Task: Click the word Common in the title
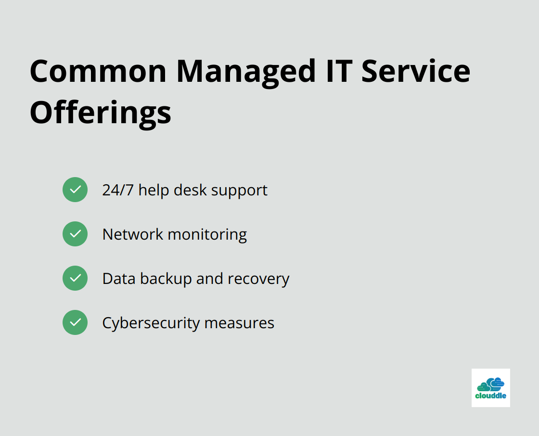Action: point(98,71)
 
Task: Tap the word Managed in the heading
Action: point(246,73)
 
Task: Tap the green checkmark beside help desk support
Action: point(75,190)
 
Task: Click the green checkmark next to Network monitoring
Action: point(75,234)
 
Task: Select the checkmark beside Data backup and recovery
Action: point(75,278)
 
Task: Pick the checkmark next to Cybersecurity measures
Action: point(75,322)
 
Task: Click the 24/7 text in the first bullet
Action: point(118,190)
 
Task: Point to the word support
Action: point(239,191)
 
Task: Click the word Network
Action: point(133,234)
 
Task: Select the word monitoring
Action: point(207,235)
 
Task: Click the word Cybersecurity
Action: point(151,323)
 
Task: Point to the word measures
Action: point(239,324)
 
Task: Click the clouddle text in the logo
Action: point(490,396)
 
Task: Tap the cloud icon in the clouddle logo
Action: point(490,384)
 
